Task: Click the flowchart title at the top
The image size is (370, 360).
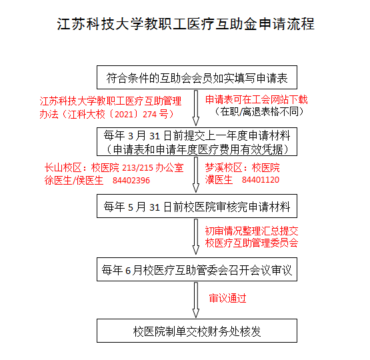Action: tap(185, 24)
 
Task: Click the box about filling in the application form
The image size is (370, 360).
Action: tap(197, 77)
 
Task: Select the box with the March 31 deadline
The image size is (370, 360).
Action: tap(197, 141)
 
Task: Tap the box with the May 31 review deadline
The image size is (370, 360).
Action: tap(197, 206)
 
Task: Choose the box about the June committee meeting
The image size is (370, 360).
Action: tap(197, 269)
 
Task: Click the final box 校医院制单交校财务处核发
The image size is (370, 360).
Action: tap(197, 331)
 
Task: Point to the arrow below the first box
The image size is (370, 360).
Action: tap(196, 108)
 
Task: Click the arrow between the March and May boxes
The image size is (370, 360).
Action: tap(196, 175)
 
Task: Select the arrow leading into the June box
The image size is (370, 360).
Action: tap(196, 237)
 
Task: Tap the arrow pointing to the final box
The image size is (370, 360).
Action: tap(196, 300)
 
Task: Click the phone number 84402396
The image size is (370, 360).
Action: tap(131, 181)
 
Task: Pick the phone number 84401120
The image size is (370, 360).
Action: tap(261, 180)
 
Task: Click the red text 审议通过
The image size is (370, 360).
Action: tap(228, 299)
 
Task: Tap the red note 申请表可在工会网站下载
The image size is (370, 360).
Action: tap(257, 100)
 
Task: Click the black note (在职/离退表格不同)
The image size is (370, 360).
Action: tap(259, 111)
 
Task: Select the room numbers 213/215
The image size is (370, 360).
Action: tap(137, 168)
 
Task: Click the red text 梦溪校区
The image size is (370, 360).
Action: tap(224, 168)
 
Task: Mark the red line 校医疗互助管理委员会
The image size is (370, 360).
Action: tap(251, 243)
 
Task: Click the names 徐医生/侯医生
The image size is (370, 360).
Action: tap(74, 181)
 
